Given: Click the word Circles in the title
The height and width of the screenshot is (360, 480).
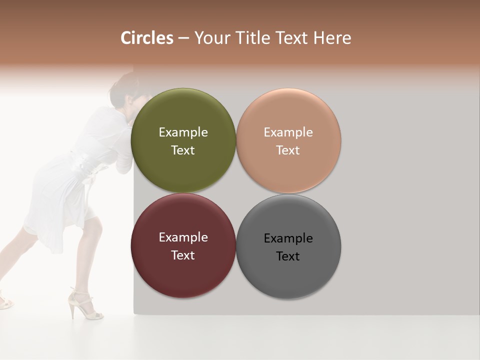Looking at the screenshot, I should [x=147, y=38].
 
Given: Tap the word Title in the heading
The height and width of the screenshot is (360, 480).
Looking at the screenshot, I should [x=252, y=38].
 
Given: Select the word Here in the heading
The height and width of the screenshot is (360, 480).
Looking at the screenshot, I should [x=332, y=38].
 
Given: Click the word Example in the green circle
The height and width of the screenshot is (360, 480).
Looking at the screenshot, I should [x=183, y=132].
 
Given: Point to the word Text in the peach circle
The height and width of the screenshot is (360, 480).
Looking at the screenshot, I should [x=288, y=150].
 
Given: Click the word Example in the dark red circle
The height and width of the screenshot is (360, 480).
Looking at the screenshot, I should [x=183, y=237].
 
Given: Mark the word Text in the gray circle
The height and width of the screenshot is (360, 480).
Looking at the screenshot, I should [x=288, y=256].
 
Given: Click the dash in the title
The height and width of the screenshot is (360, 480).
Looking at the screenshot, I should [x=183, y=38].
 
